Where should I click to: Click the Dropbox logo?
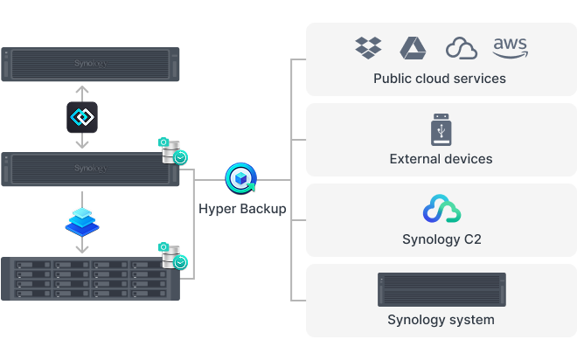point(368,47)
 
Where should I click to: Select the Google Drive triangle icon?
point(413,47)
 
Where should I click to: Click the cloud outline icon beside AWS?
point(461,48)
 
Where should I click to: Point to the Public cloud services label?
point(440,79)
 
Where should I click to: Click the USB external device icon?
point(441,129)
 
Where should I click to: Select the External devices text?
point(441,159)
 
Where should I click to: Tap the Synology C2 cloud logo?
point(441,210)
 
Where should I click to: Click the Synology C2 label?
point(441,239)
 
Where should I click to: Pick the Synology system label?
point(441,320)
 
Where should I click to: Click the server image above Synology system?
point(441,289)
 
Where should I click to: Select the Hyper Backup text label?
point(242,209)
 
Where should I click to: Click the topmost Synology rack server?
point(90,65)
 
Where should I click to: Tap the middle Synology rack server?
point(90,169)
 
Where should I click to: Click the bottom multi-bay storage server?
point(90,278)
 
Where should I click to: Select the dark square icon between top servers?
point(81,117)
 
